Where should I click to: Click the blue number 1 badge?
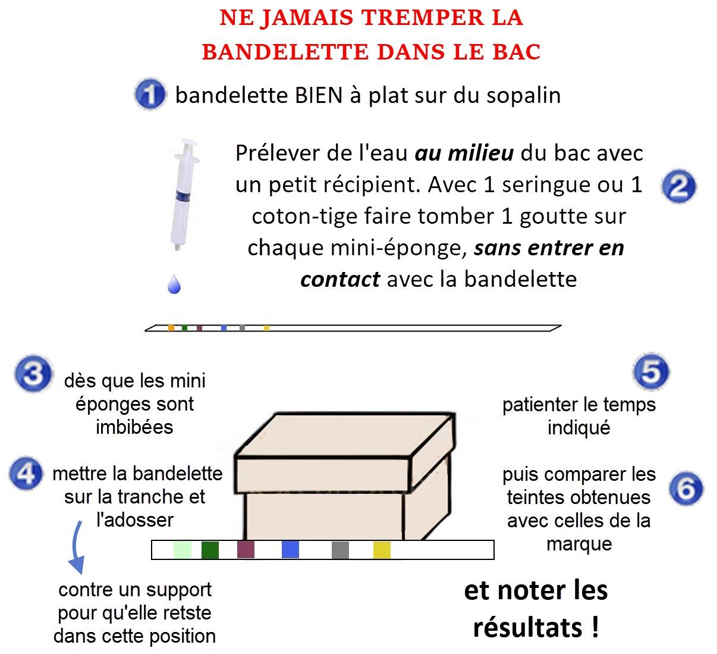150,94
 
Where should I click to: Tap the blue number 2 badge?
679,186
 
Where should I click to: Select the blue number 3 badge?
34,374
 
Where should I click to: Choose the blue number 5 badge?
651,371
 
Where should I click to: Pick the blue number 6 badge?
686,489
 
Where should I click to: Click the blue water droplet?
174,284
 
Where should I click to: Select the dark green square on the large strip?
210,550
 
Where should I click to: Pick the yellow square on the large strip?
382,550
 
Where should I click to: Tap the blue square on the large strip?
290,550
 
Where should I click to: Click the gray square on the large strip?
340,550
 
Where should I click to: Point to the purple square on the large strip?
246,550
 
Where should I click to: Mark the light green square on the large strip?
183,550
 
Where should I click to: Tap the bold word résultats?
528,627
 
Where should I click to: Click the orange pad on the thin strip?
171,328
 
